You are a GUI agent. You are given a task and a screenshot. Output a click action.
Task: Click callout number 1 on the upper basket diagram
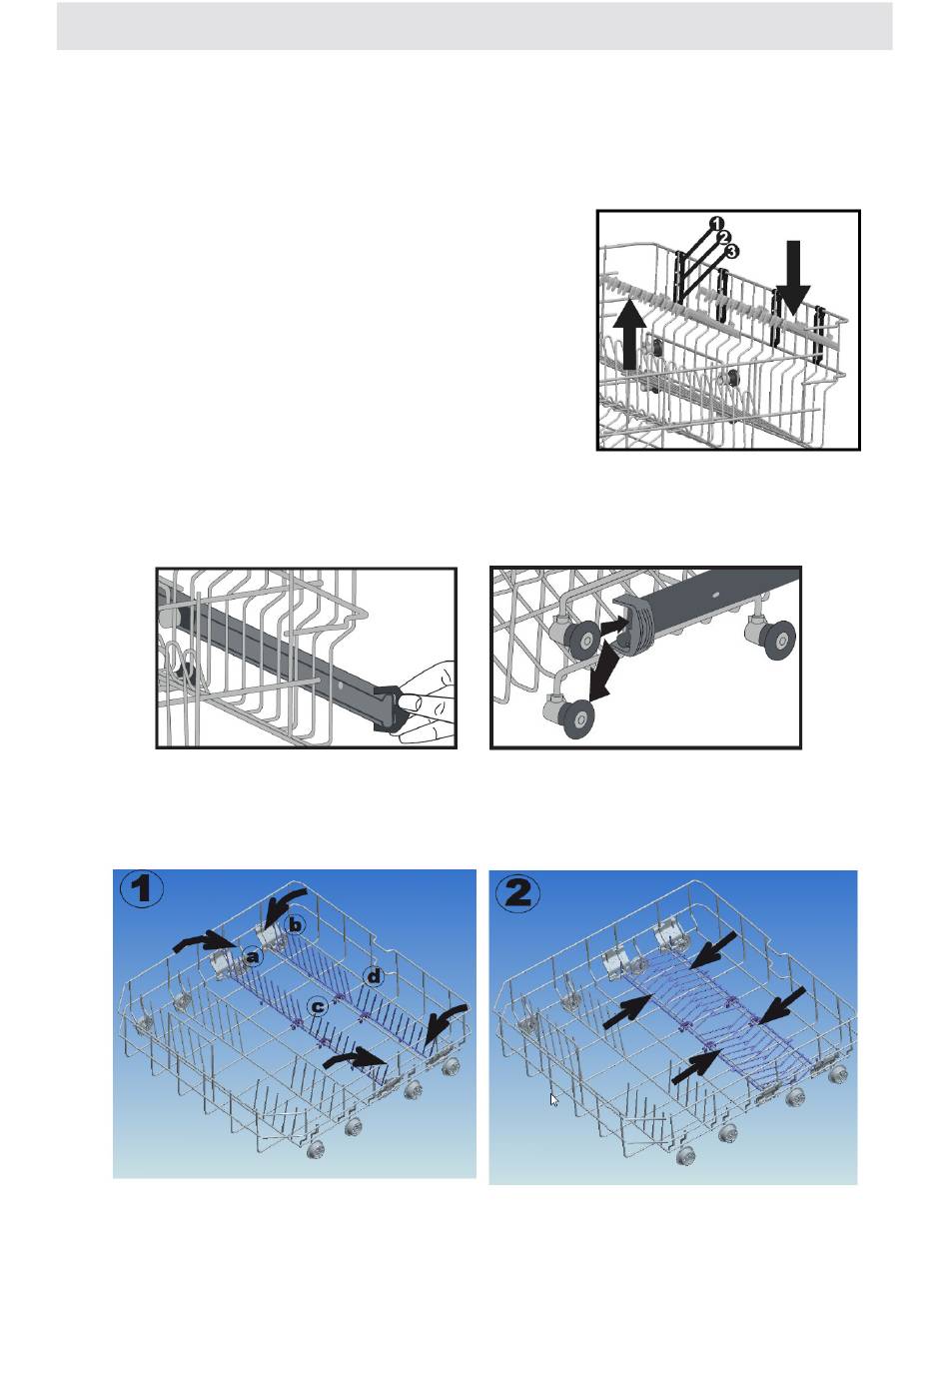point(718,223)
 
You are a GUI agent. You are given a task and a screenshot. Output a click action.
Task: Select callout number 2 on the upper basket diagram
point(724,237)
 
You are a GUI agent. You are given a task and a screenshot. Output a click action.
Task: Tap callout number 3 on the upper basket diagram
point(731,251)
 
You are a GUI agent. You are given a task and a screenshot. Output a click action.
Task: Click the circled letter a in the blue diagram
point(253,955)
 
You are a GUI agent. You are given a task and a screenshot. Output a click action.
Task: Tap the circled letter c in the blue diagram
point(317,1006)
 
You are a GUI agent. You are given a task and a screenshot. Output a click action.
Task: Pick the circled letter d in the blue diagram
point(373,975)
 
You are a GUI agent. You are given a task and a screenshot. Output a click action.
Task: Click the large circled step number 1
point(142,889)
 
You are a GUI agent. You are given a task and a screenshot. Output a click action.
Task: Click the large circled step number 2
point(517,894)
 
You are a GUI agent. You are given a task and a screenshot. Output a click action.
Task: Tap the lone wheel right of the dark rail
point(776,640)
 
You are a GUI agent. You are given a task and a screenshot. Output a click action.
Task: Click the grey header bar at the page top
point(474,26)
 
